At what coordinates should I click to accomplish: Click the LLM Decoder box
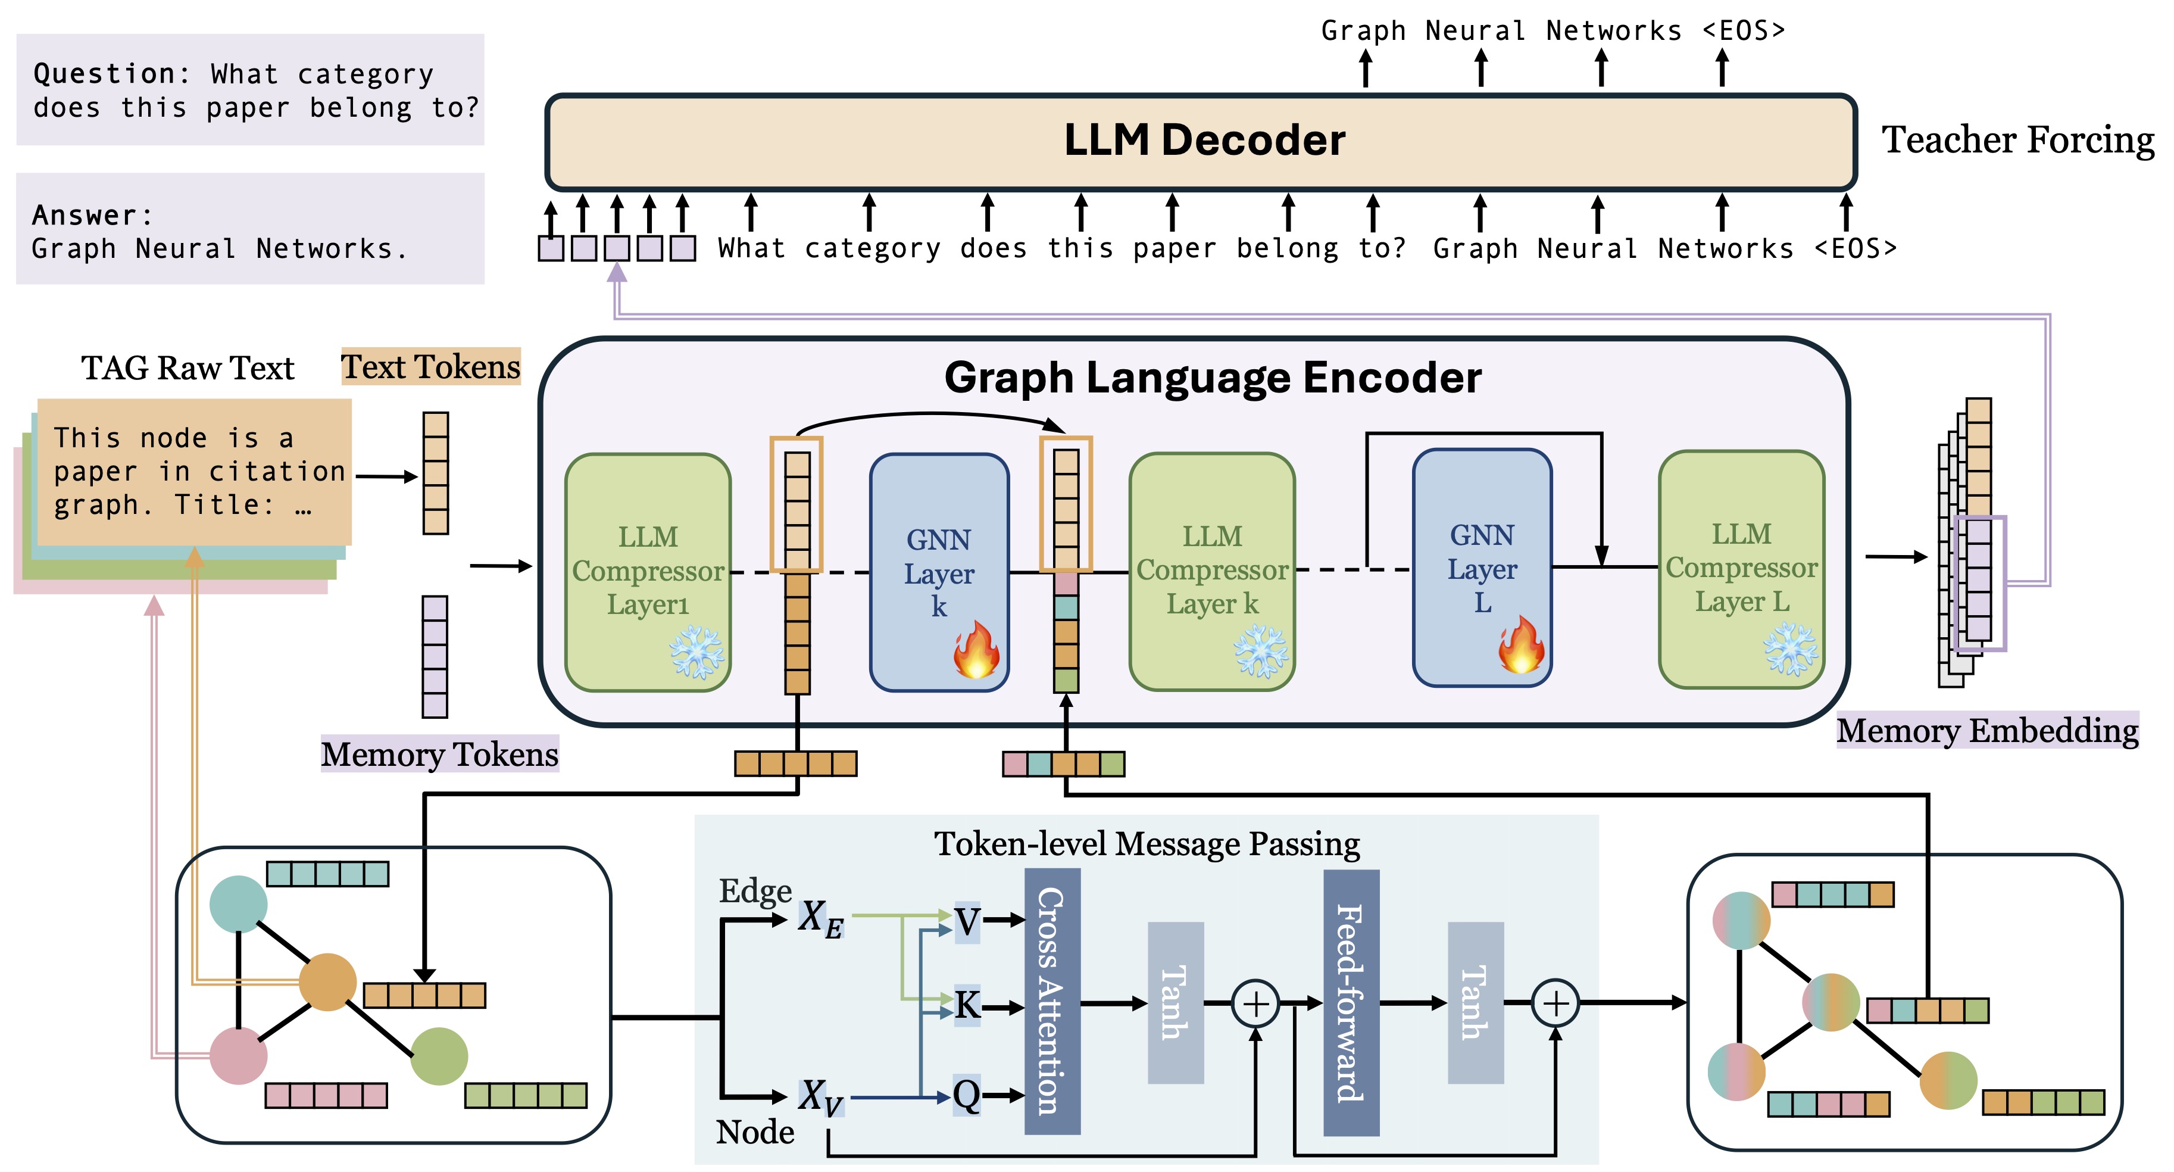tap(1202, 142)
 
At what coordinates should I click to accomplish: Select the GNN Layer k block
tap(938, 572)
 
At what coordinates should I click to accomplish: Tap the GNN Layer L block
tap(1482, 568)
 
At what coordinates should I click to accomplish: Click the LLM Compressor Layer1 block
tap(647, 572)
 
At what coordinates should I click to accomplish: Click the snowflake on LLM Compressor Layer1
tap(696, 652)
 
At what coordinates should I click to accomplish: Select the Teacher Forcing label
tap(2017, 140)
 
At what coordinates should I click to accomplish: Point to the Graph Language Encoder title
tap(1212, 378)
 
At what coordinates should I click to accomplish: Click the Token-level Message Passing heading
tap(1146, 843)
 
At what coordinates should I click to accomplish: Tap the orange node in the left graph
tap(327, 982)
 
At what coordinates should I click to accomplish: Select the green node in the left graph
tap(439, 1055)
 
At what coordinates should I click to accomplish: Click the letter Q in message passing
tap(966, 1095)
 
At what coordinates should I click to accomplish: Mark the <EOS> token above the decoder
tap(1744, 31)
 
